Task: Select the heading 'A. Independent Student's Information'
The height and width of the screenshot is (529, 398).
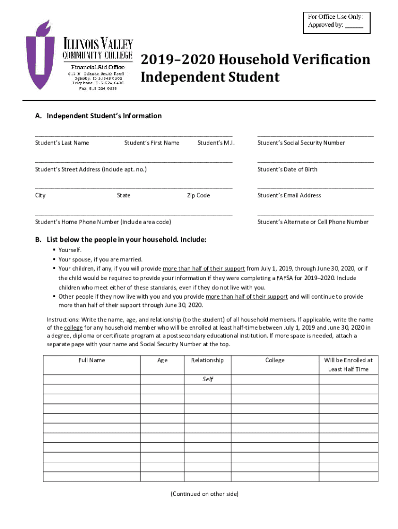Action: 98,116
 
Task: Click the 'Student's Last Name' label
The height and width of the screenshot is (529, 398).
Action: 62,143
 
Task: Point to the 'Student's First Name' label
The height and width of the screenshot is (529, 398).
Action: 151,143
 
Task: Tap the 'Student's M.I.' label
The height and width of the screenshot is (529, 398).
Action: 216,143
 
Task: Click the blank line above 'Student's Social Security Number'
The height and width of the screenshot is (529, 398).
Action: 315,135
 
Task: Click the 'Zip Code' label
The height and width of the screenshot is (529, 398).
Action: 198,196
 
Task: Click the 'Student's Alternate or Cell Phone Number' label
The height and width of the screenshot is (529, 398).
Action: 313,222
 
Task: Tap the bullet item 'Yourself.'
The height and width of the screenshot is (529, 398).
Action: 70,250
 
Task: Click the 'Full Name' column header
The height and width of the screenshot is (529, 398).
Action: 91,360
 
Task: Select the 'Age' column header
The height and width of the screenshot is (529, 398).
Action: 162,360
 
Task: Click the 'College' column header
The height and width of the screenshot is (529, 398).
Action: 274,360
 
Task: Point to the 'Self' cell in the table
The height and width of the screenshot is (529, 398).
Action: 207,379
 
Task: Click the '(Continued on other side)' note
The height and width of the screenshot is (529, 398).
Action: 204,494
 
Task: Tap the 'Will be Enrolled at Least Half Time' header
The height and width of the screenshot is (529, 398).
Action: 348,365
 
